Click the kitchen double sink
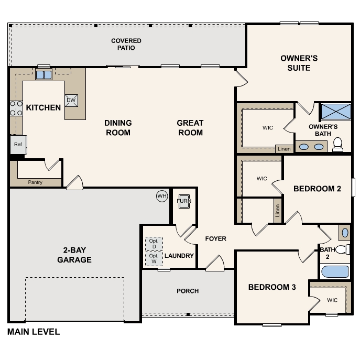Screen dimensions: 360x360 43,75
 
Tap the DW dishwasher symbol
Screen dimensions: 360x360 71,100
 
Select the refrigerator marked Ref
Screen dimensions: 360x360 18,145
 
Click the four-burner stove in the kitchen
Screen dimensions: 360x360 16,108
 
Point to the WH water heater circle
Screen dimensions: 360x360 162,196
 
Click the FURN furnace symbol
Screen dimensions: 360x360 184,201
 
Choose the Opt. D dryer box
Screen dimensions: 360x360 154,244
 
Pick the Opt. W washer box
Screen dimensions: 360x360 154,259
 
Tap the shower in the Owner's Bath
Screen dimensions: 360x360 336,112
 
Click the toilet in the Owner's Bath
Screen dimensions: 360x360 337,145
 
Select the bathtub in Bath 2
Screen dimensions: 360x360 335,271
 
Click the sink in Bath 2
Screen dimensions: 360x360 345,233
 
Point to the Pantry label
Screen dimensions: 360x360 35,182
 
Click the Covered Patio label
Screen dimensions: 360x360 126,45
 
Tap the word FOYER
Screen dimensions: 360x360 215,239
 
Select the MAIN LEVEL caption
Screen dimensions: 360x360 34,332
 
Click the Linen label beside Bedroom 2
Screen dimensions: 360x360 278,211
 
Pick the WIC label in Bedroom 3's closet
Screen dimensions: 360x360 332,300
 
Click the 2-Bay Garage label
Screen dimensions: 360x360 74,255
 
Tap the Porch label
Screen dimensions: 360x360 188,291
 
